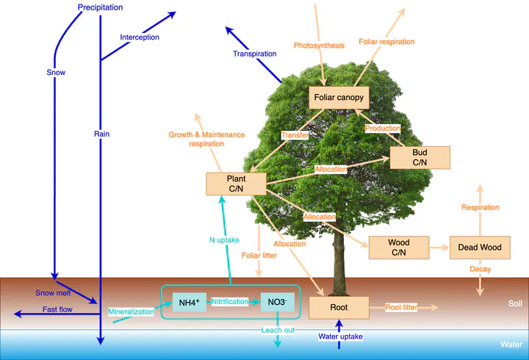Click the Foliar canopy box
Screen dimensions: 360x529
(x=339, y=98)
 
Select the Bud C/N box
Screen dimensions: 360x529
(x=420, y=157)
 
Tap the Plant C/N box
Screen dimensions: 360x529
(x=236, y=184)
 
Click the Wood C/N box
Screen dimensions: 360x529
(x=398, y=248)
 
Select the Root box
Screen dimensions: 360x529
(x=338, y=307)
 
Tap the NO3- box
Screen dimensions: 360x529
(x=277, y=302)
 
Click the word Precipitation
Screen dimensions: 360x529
(x=100, y=7)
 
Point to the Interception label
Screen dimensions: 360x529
(x=140, y=37)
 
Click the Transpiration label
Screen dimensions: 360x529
(x=254, y=54)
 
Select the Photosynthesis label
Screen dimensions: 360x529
(x=319, y=46)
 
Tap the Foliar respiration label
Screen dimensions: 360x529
(x=386, y=42)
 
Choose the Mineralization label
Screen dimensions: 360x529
(x=132, y=312)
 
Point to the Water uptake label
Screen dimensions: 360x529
(x=340, y=336)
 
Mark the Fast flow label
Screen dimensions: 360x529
(x=57, y=309)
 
